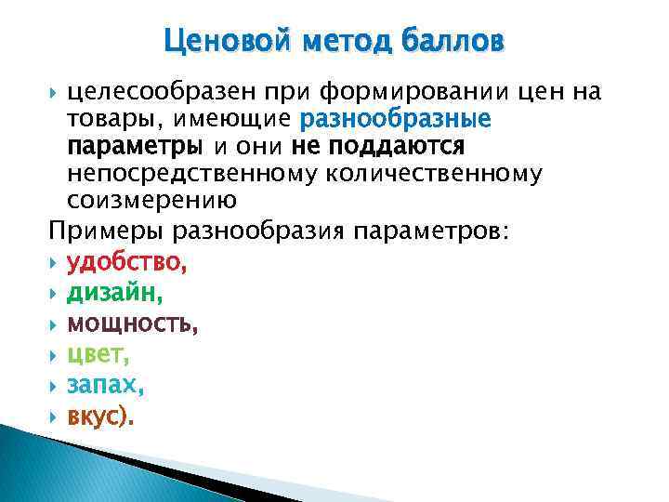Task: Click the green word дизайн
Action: pos(111,295)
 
